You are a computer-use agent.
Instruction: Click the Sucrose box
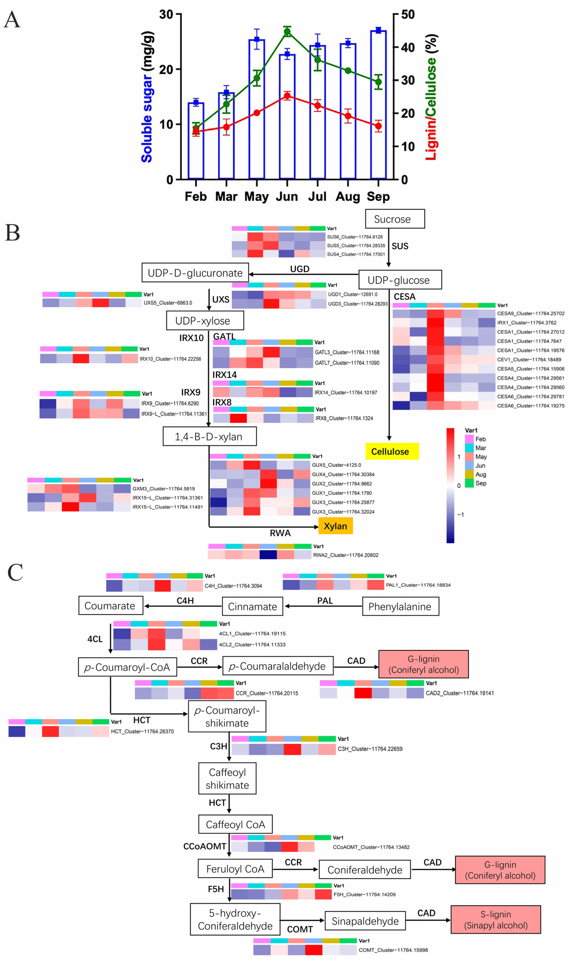click(x=394, y=219)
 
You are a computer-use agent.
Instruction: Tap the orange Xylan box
click(x=335, y=526)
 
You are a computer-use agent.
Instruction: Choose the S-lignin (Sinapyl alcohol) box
click(x=496, y=919)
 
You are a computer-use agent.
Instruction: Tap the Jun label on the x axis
click(x=287, y=197)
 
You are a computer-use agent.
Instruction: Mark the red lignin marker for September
click(x=378, y=126)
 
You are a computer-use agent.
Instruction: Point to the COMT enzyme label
click(x=300, y=929)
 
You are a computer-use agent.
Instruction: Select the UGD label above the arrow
click(x=300, y=269)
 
